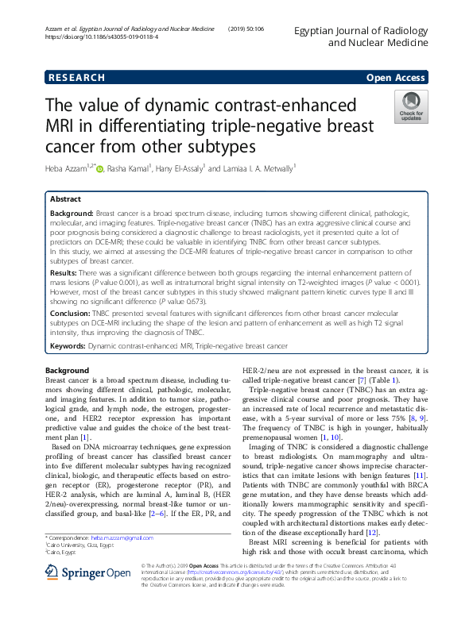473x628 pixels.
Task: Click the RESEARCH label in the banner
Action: pyautogui.click(x=76, y=78)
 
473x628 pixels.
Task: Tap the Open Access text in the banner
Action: pyautogui.click(x=395, y=78)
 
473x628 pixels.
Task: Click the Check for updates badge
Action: pyautogui.click(x=410, y=107)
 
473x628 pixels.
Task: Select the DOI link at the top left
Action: pyautogui.click(x=100, y=37)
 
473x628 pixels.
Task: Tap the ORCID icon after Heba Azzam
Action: pyautogui.click(x=100, y=168)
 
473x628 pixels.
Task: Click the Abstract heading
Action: pyautogui.click(x=65, y=199)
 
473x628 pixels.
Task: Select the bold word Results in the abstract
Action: pyautogui.click(x=67, y=272)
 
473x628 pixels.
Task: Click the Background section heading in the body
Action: pyautogui.click(x=67, y=371)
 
